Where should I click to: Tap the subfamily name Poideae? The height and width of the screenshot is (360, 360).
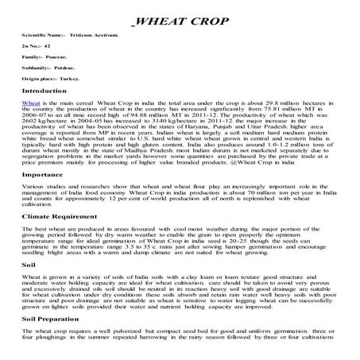[x=73, y=68]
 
